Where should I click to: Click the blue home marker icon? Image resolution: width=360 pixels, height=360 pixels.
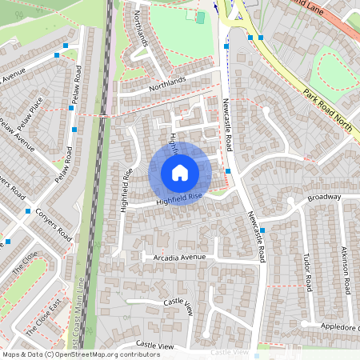pyautogui.click(x=179, y=172)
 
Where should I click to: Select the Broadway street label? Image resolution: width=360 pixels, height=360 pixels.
pyautogui.click(x=324, y=197)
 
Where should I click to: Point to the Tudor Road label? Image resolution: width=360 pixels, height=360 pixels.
pyautogui.click(x=306, y=272)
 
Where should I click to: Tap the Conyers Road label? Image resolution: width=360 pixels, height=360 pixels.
pyautogui.click(x=54, y=225)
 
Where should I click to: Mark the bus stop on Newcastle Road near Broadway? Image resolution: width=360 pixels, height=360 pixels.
pyautogui.click(x=262, y=230)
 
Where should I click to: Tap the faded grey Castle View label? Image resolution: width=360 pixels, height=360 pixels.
pyautogui.click(x=230, y=352)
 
